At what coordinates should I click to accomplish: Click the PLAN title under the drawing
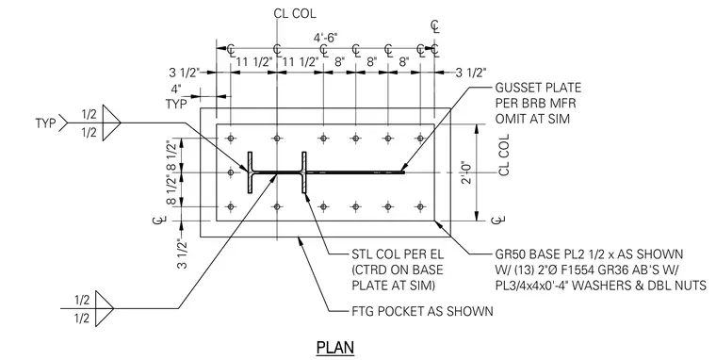[335, 347]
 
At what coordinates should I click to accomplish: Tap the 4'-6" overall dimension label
[325, 38]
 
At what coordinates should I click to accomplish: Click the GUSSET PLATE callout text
[538, 88]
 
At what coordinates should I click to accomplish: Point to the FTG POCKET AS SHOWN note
[422, 312]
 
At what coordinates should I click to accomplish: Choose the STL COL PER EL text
[398, 254]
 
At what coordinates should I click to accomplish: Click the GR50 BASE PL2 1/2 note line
[589, 254]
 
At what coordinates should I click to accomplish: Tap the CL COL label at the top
[295, 13]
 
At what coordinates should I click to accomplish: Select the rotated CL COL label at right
[504, 155]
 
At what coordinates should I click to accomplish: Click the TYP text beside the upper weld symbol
[45, 123]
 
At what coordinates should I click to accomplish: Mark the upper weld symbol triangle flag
[111, 123]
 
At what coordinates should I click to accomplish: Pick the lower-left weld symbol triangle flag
[105, 309]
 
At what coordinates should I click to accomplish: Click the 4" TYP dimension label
[176, 96]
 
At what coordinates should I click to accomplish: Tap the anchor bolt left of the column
[231, 172]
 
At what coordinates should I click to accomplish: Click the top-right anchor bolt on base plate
[420, 138]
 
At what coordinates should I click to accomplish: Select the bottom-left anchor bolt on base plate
[231, 207]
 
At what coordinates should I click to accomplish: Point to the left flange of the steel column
[251, 172]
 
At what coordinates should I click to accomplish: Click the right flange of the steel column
[303, 172]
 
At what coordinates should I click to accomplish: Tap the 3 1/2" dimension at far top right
[471, 73]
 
